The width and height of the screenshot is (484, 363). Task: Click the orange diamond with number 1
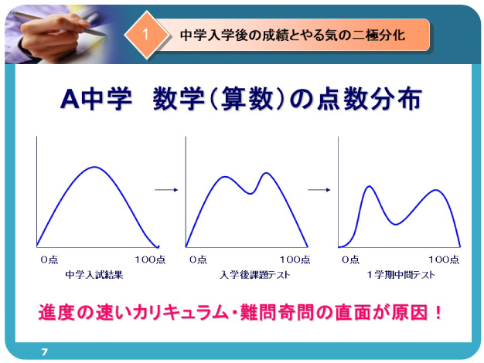point(146,35)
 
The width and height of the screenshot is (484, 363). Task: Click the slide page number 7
point(44,351)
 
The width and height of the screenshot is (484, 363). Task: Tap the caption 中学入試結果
point(94,274)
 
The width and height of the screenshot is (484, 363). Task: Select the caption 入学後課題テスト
point(255,274)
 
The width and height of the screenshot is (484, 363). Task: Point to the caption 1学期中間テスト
point(400,274)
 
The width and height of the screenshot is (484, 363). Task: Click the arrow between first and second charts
point(166,190)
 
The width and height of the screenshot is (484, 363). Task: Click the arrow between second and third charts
point(319,190)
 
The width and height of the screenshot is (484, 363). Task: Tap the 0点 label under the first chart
point(49,260)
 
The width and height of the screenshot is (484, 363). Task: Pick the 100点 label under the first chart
point(150,260)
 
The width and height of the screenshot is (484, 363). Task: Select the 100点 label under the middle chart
point(295,260)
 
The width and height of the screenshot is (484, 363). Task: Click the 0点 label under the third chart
point(351,260)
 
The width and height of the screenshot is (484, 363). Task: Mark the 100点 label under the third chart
point(444,260)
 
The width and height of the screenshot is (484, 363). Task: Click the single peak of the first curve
point(94,167)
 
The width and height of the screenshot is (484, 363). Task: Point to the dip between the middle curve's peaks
point(251,193)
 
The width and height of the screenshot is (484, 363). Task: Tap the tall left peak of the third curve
point(369,187)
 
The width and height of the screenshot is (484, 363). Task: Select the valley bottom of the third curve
point(396,224)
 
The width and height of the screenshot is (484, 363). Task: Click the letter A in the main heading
point(70,99)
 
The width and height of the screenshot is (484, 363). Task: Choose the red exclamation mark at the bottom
point(438,312)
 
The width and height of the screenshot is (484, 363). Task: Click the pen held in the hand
point(59,24)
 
